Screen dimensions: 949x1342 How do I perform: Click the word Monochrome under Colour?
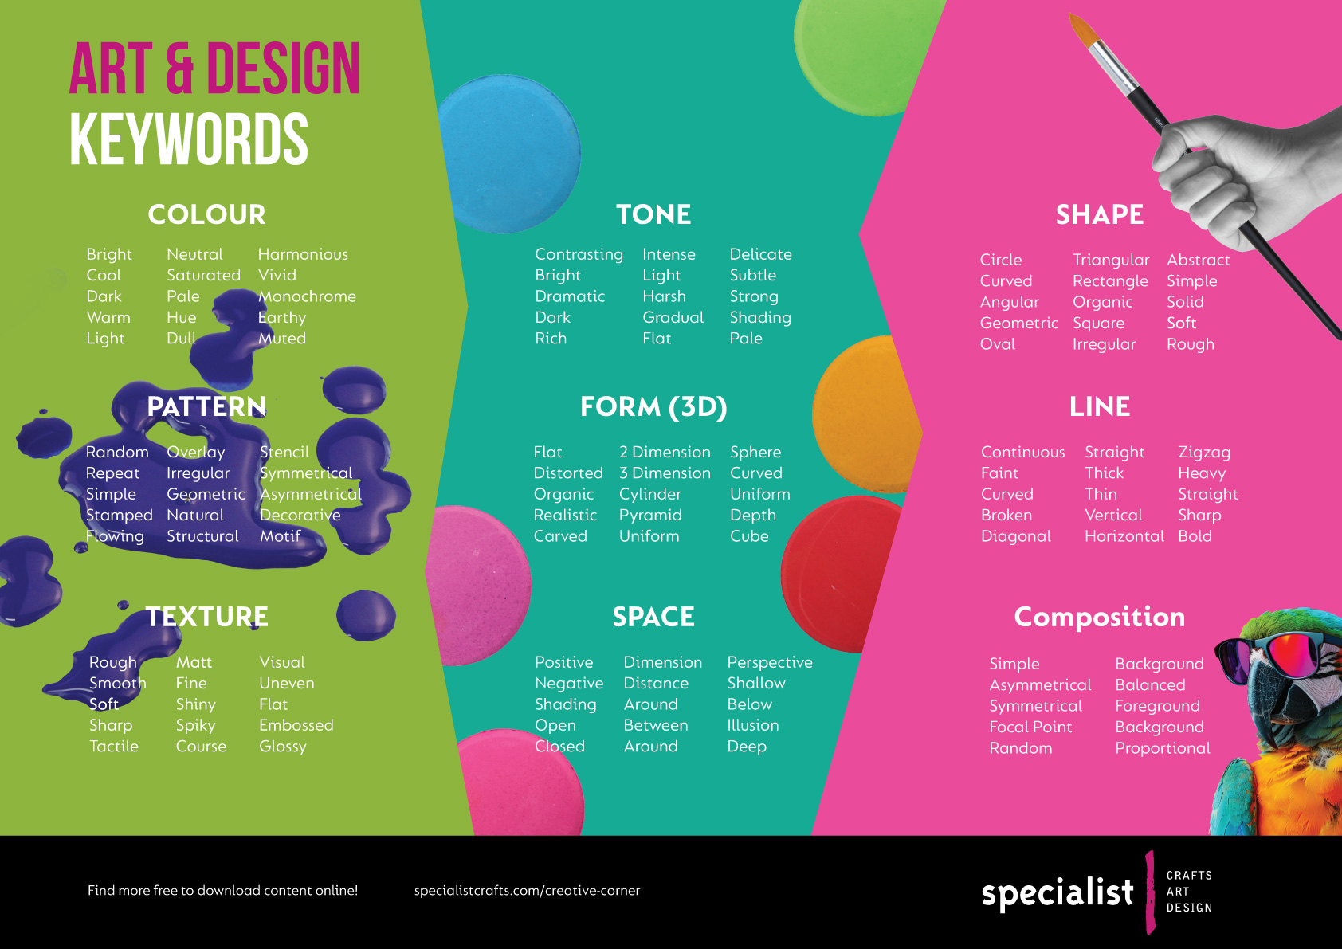click(x=307, y=296)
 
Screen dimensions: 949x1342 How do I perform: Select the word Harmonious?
click(x=303, y=254)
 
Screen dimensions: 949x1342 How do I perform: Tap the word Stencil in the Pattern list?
click(x=284, y=452)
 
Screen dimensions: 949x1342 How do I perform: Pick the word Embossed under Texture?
click(x=296, y=725)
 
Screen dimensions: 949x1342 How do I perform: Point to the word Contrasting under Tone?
click(x=579, y=254)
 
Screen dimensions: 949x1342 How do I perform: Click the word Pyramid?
click(x=650, y=515)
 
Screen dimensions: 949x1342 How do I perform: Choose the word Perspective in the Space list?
click(x=769, y=662)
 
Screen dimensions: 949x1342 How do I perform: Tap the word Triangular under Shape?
click(x=1111, y=260)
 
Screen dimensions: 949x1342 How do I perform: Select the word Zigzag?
click(x=1204, y=452)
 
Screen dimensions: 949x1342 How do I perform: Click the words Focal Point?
click(x=1030, y=727)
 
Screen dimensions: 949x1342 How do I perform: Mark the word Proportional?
click(x=1162, y=748)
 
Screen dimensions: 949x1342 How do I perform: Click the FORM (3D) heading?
click(x=653, y=406)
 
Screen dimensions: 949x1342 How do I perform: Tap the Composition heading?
click(x=1099, y=617)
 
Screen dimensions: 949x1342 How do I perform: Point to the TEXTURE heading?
click(x=207, y=617)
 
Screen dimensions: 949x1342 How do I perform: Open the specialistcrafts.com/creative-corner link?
click(x=527, y=891)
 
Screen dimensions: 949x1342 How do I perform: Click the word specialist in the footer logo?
click(x=1057, y=893)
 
